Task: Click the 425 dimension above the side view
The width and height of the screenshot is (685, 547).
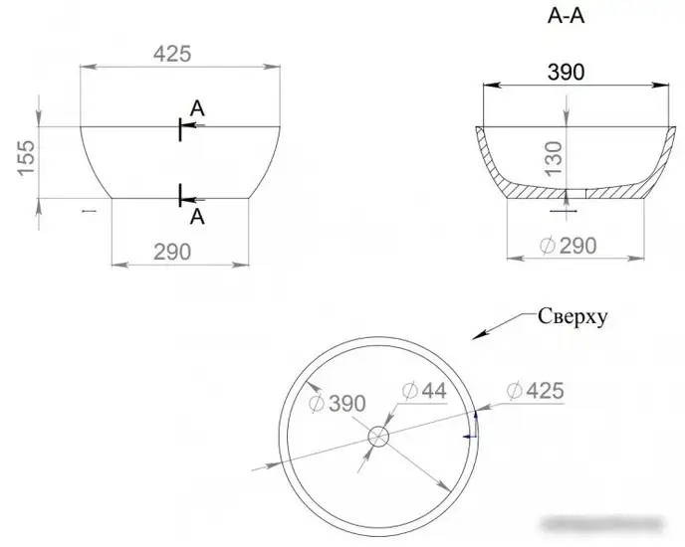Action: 172,54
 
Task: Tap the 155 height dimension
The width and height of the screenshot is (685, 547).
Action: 26,157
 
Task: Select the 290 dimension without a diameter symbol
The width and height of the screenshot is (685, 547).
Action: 172,252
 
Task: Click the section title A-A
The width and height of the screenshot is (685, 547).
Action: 566,16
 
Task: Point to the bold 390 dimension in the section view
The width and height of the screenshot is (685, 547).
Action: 566,72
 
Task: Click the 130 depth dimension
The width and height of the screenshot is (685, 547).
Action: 554,158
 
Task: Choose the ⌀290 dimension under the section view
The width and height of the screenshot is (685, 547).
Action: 568,246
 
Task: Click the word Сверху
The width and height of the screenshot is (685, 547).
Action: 572,316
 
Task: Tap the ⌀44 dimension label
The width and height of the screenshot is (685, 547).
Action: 424,390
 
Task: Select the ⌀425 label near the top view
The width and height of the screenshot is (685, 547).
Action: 536,390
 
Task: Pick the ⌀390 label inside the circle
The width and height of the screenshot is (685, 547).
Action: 337,404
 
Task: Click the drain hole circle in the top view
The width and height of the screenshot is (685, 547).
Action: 378,437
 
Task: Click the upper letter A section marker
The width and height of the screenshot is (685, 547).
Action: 197,108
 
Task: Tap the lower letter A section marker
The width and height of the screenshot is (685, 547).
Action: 197,216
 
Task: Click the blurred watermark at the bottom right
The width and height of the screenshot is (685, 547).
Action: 602,523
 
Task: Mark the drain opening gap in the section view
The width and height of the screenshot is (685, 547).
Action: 575,194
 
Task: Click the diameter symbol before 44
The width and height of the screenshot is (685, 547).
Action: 410,391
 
